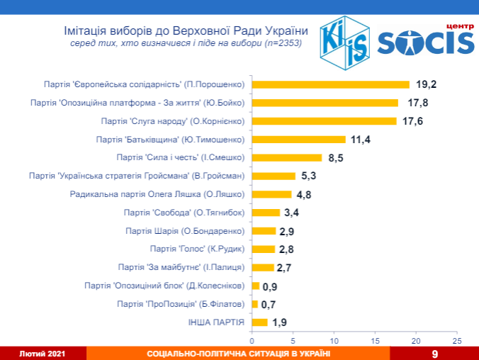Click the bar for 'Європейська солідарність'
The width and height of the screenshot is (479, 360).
[x=331, y=84]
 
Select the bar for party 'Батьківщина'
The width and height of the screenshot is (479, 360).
[x=299, y=139]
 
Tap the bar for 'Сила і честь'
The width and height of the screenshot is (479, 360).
[x=287, y=157]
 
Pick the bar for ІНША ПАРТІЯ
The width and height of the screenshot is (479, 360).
[x=260, y=322]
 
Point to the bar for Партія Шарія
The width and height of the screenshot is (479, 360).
[x=264, y=230]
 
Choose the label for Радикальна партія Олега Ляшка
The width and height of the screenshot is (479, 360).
[x=158, y=193]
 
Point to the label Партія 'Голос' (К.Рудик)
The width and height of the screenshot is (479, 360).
[x=198, y=249]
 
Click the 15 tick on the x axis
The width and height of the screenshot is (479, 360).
[x=375, y=341]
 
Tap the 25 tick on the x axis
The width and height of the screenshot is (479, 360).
[x=457, y=341]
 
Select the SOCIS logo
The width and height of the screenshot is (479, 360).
[x=425, y=43]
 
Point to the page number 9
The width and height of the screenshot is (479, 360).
[x=434, y=353]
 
